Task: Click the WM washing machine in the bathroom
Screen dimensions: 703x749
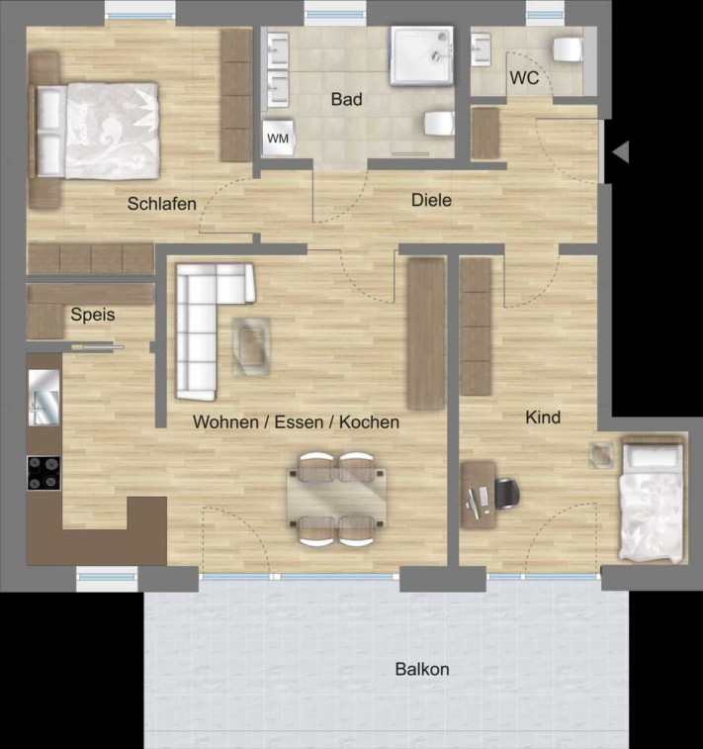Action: coord(278,139)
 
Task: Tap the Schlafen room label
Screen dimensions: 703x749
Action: coord(162,204)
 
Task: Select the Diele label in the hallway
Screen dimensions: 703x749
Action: coord(431,200)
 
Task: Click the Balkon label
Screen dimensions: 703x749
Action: coord(422,669)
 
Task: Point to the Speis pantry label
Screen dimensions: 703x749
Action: coord(93,315)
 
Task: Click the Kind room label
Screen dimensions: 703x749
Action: coord(543,418)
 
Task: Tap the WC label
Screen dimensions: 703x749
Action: coord(524,78)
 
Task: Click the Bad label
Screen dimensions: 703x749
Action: coord(346,99)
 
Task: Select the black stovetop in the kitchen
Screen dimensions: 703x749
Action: coord(44,473)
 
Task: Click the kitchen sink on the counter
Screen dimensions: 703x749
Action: coord(44,398)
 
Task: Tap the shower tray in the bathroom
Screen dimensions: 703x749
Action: coord(422,55)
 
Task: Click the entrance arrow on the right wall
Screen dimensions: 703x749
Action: coord(620,152)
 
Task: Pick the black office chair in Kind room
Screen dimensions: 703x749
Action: coord(507,494)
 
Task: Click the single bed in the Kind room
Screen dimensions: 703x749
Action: coord(654,499)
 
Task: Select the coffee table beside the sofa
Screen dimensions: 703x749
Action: coord(251,346)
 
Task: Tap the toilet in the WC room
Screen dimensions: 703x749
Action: coord(567,49)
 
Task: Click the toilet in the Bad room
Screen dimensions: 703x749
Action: coord(439,124)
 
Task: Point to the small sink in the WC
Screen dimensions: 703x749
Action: coord(482,49)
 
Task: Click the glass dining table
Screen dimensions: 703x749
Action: coord(336,498)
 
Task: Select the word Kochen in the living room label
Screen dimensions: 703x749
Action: coord(369,422)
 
